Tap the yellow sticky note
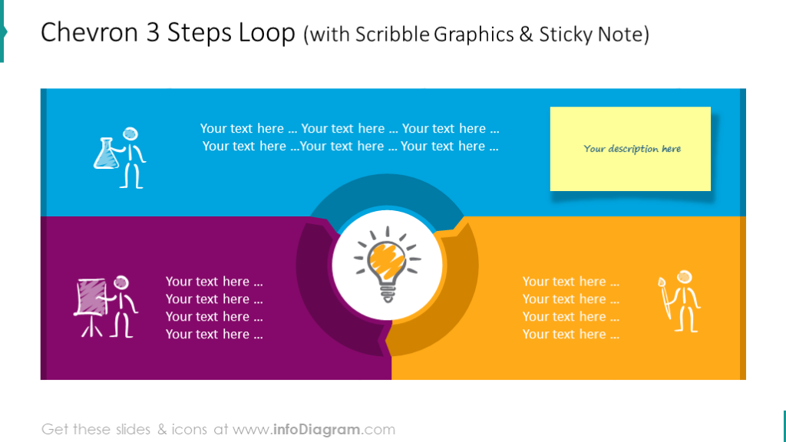coord(630,149)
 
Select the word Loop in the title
coord(265,33)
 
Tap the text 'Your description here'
coord(632,149)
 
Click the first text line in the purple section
coord(214,282)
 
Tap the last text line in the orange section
coord(570,335)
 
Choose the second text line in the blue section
coord(350,147)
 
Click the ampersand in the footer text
coord(162,429)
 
